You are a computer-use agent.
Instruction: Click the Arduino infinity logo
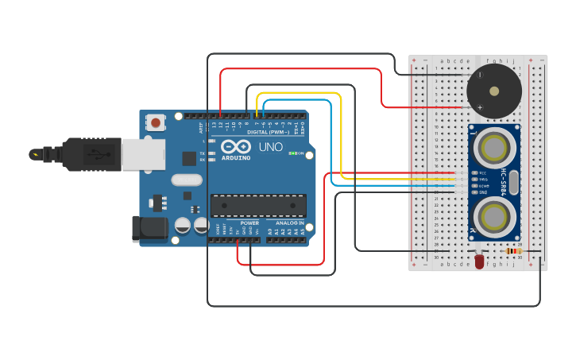pos(235,147)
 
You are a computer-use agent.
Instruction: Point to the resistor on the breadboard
pos(513,251)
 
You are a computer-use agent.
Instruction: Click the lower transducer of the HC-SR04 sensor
pos(494,215)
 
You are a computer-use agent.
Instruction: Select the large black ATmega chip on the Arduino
pos(258,205)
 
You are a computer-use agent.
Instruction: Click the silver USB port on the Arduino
pos(143,153)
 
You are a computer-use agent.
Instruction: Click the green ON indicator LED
pos(294,153)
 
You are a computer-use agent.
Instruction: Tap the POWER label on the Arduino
pos(249,223)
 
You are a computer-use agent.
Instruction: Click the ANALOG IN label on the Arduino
pos(289,223)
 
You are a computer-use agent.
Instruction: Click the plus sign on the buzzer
pos(480,106)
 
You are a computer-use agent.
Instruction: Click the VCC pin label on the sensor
pos(482,172)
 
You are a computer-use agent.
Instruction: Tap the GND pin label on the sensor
pos(482,192)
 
